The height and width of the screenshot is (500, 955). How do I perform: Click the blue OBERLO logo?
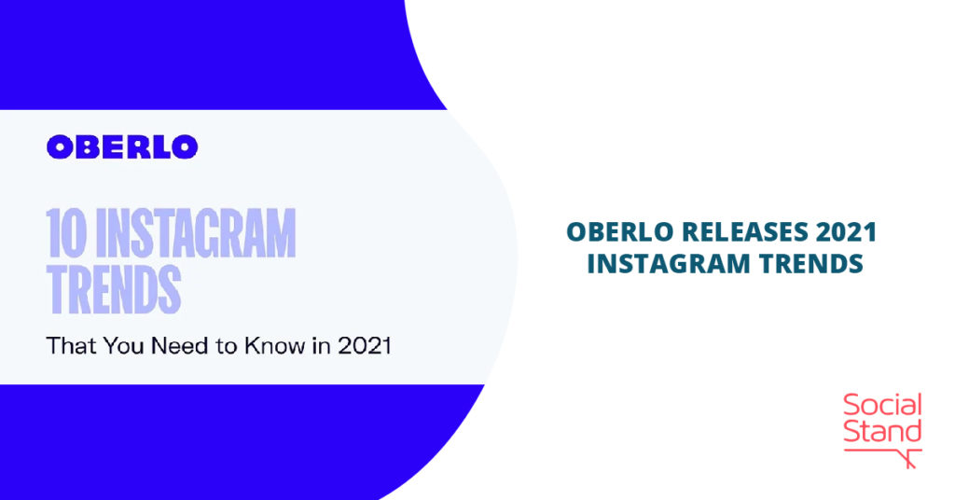[122, 146]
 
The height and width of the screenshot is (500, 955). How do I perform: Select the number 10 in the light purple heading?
[66, 232]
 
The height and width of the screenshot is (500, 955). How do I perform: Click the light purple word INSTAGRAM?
[196, 232]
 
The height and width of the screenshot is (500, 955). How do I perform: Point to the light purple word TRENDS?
[114, 288]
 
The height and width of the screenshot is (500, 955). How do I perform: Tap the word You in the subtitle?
[124, 346]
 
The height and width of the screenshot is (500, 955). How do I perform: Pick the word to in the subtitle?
[226, 346]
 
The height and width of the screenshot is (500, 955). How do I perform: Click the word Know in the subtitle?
[275, 346]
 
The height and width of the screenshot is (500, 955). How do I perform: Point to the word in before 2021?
[321, 346]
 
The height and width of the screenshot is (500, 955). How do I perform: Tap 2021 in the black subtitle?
[365, 346]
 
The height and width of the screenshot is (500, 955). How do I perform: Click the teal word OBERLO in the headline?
[620, 232]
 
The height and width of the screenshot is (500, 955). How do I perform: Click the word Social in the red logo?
[882, 405]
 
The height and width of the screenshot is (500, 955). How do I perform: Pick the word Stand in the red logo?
[882, 431]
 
